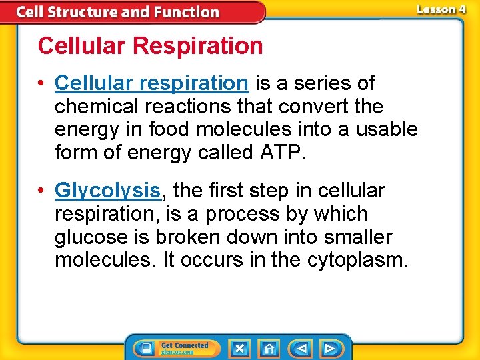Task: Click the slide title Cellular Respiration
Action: (x=150, y=46)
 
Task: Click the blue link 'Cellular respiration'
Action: (x=151, y=83)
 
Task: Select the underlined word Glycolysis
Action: (x=108, y=191)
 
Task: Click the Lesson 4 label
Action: (x=440, y=10)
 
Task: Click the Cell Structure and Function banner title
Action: (x=117, y=12)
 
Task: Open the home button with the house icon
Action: (x=269, y=348)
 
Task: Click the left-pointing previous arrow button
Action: (x=301, y=348)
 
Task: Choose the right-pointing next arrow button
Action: (x=329, y=348)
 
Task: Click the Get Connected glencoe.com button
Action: (x=183, y=348)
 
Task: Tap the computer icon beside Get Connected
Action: (x=145, y=348)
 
